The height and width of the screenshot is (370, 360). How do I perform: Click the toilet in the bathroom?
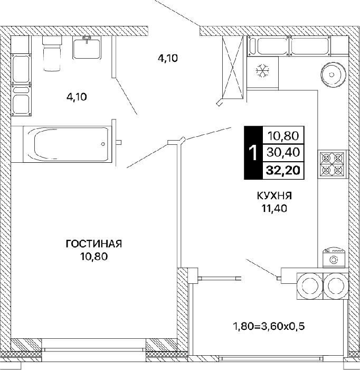(52, 53)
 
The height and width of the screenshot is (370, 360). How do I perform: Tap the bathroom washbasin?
(87, 49)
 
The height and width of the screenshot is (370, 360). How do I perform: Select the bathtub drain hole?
(103, 144)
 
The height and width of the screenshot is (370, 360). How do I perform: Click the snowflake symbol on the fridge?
(263, 71)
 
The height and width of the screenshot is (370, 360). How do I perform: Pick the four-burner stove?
(332, 164)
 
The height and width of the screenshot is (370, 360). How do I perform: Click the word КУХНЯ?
(274, 196)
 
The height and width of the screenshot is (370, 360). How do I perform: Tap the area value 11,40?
(274, 208)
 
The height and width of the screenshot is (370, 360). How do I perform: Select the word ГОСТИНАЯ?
(94, 244)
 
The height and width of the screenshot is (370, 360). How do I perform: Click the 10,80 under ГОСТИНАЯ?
(94, 256)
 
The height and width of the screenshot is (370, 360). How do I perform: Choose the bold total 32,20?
(283, 170)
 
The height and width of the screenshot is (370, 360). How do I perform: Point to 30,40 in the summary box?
(283, 152)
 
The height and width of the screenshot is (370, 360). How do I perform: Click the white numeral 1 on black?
(253, 153)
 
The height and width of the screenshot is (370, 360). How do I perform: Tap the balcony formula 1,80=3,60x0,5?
(269, 327)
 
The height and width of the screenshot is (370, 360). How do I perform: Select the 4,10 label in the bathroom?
(77, 97)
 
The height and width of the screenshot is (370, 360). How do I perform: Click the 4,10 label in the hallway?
(168, 58)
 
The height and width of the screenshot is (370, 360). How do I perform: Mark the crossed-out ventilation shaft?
(233, 67)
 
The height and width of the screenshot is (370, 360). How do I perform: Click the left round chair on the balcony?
(310, 286)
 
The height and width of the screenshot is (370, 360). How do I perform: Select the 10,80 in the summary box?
(283, 136)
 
